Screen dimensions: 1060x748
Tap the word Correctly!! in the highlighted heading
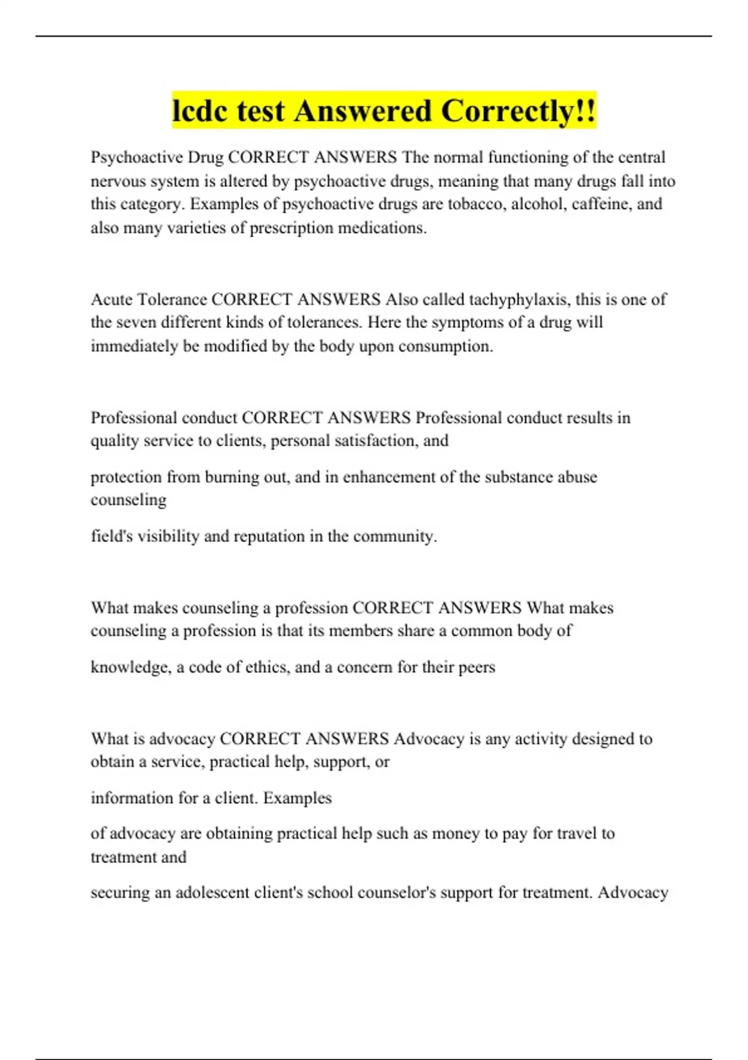(519, 112)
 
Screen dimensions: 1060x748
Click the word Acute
(112, 299)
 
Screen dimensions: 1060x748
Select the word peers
(476, 667)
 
